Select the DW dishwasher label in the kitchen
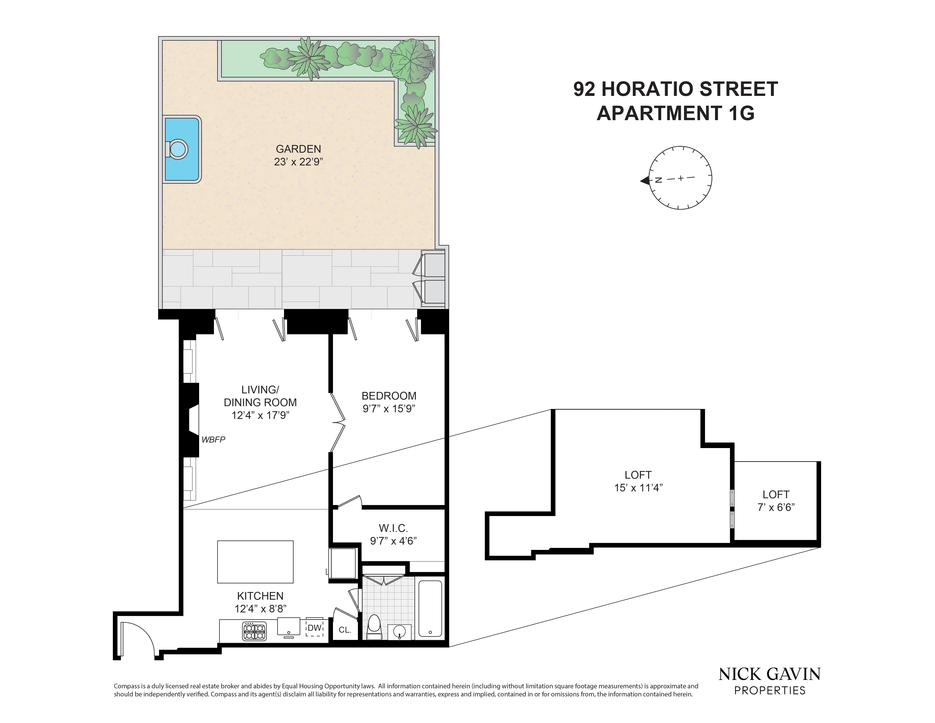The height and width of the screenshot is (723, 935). coord(314,628)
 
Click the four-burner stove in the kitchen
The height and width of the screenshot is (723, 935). coord(254,631)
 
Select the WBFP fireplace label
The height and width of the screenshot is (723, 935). coord(213,440)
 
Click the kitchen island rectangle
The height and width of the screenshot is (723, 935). coord(255,562)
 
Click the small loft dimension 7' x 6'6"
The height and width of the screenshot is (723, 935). coord(776,507)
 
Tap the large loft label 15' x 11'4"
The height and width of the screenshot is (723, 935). coord(638,487)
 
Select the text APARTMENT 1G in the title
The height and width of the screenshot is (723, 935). coord(675,113)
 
